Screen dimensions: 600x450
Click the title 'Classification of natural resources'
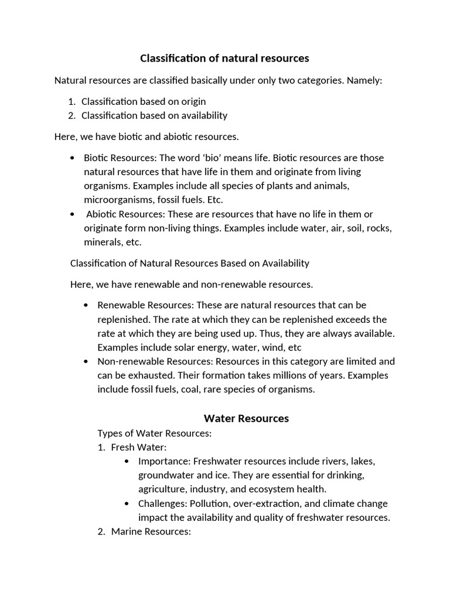click(x=224, y=58)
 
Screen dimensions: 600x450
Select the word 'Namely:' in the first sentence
click(x=364, y=80)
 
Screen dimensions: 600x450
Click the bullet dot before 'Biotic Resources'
click(x=72, y=158)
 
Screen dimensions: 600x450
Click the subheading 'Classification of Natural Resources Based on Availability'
click(x=189, y=263)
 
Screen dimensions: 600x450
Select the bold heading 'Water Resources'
click(x=246, y=418)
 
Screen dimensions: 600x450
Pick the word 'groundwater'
click(x=165, y=475)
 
